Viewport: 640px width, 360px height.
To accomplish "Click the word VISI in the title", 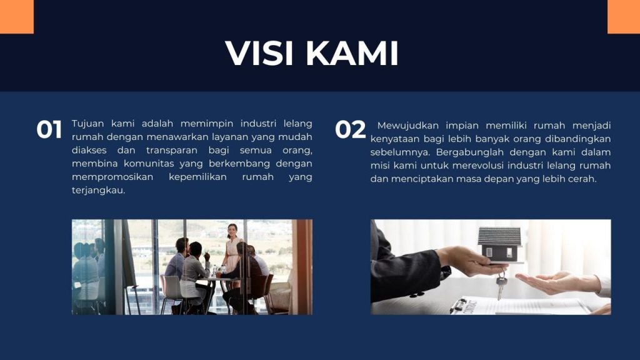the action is click(x=259, y=53).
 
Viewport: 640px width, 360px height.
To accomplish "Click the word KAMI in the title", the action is click(x=351, y=53).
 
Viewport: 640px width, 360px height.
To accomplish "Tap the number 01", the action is click(x=49, y=130).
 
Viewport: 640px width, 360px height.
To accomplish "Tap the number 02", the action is click(x=350, y=130).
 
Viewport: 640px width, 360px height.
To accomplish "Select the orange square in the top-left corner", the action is click(x=17, y=17).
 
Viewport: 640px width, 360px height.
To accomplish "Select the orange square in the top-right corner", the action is click(x=624, y=17).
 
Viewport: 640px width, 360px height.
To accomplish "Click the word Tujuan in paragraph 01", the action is click(x=87, y=124).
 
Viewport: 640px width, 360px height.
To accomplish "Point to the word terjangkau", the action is click(x=98, y=191).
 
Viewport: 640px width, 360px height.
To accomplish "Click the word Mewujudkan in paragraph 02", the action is click(x=407, y=125).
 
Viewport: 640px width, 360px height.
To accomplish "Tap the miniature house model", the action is click(x=499, y=245).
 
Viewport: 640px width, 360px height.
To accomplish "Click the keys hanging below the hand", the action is click(x=501, y=286).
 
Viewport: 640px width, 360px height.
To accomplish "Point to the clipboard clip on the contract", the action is click(x=459, y=304).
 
